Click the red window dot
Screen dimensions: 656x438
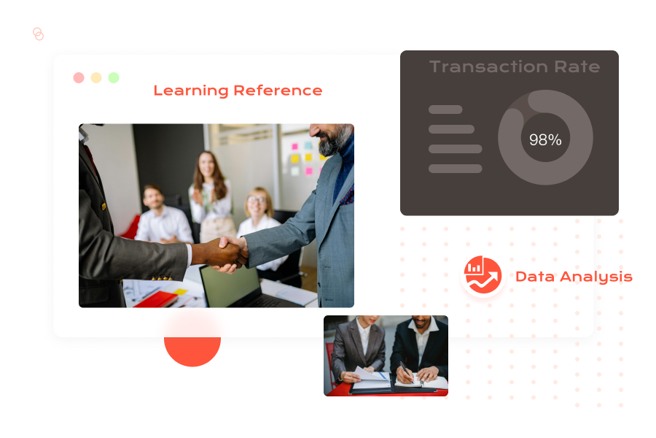click(x=79, y=77)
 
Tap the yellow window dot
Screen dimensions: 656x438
click(x=96, y=77)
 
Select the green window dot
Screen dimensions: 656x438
click(x=114, y=77)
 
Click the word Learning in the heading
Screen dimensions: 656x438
click(x=191, y=91)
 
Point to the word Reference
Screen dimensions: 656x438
click(x=278, y=90)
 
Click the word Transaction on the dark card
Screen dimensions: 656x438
click(x=488, y=66)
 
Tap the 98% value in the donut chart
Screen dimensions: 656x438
click(x=545, y=139)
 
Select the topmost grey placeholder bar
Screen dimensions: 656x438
click(x=445, y=109)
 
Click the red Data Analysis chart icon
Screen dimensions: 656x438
click(x=483, y=274)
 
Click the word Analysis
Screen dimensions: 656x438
click(x=596, y=277)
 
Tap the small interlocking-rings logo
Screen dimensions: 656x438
click(x=38, y=34)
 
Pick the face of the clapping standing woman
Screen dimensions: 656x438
click(x=207, y=165)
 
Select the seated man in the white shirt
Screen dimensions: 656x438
click(x=161, y=216)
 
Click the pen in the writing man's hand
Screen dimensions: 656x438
click(x=406, y=372)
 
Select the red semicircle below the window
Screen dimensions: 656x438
click(x=192, y=350)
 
